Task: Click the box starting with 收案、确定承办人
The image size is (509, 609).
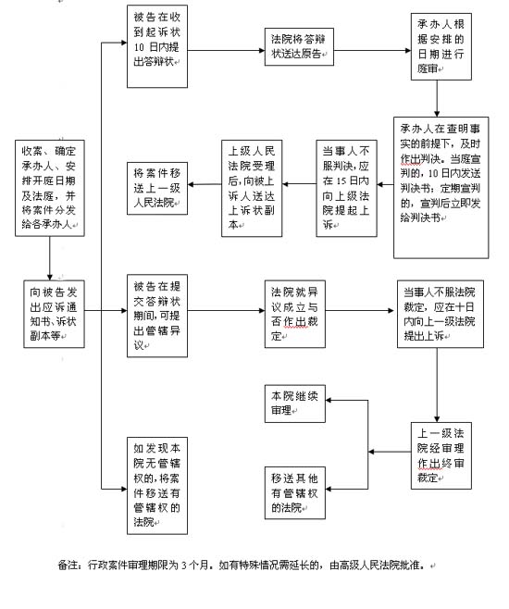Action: pos(50,189)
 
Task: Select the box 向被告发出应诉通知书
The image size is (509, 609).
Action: pos(54,314)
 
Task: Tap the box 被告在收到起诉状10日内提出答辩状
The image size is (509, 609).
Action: pos(157,46)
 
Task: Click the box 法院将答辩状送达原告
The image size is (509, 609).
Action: pos(299,46)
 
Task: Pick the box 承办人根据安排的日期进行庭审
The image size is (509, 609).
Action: pos(441,46)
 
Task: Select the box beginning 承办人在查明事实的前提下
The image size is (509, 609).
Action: pos(441,188)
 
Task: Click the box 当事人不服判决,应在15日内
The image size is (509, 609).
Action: pos(346,189)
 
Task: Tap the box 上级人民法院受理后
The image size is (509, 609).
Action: pos(252,189)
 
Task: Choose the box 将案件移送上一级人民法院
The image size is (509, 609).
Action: pos(157,189)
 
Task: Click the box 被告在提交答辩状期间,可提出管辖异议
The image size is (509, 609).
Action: pos(157,316)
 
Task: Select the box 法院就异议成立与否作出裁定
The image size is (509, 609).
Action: pos(294,314)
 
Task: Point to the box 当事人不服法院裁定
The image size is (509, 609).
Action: pos(441,314)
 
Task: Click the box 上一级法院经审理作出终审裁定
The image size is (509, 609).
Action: pos(441,455)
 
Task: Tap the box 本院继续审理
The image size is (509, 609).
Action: pos(294,404)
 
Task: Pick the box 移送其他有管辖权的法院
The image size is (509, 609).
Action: pos(294,493)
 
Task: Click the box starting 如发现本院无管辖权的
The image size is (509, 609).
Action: pos(157,486)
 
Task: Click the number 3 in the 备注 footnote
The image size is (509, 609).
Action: pos(184,565)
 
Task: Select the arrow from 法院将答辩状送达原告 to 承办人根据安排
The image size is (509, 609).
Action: pos(372,51)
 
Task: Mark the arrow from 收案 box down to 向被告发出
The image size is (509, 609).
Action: pos(50,258)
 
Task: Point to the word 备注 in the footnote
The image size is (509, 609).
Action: pos(68,565)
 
